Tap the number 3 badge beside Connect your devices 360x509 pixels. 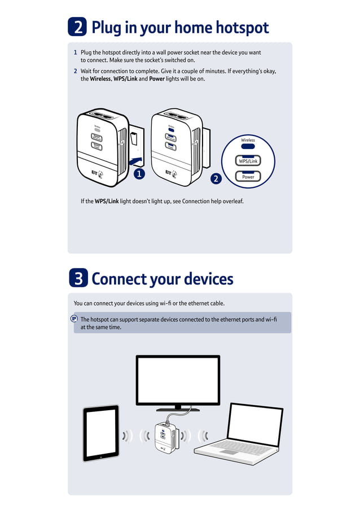pyautogui.click(x=77, y=278)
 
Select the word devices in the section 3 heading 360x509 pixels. pyautogui.click(x=205, y=279)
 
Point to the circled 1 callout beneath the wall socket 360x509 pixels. pyautogui.click(x=139, y=174)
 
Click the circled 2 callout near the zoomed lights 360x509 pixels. pyautogui.click(x=216, y=179)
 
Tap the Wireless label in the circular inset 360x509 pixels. pyautogui.click(x=248, y=140)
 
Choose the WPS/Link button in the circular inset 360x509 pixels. pyautogui.click(x=248, y=161)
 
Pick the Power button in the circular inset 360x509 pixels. pyautogui.click(x=248, y=177)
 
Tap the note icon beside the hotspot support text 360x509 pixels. pyautogui.click(x=74, y=319)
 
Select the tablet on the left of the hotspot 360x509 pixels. pyautogui.click(x=101, y=432)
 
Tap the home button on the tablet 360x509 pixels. pyautogui.click(x=100, y=457)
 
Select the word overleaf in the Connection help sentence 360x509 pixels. pyautogui.click(x=231, y=201)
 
